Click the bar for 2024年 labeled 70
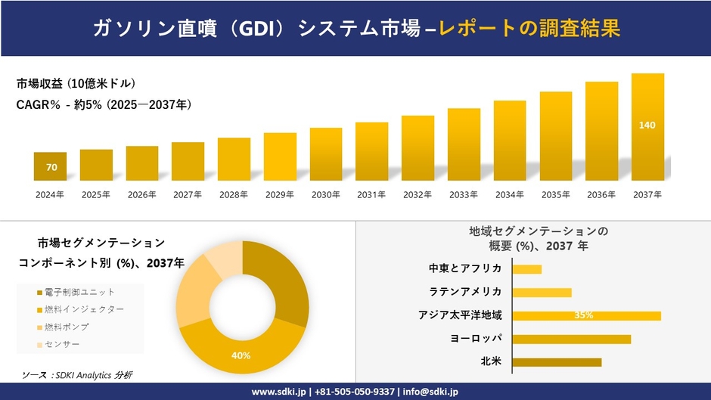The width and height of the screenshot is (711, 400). [x=50, y=166]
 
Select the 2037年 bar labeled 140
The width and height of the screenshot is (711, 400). [x=647, y=127]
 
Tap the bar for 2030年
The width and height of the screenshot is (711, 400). [x=326, y=154]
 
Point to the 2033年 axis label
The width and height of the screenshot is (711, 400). [x=463, y=195]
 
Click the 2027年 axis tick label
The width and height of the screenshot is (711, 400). [x=188, y=195]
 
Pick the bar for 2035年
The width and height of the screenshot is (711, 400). [x=555, y=136]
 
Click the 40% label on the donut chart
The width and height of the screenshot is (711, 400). [x=241, y=356]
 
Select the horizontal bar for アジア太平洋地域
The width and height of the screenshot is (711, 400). [x=586, y=315]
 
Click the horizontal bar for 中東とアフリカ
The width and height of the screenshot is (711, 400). [x=526, y=269]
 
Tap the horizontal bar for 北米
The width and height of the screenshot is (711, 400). [x=557, y=362]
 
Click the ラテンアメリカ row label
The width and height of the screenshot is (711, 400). [x=465, y=292]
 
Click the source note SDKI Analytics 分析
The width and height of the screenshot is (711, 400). [x=77, y=375]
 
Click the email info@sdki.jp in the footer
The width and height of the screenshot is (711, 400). [x=426, y=392]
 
